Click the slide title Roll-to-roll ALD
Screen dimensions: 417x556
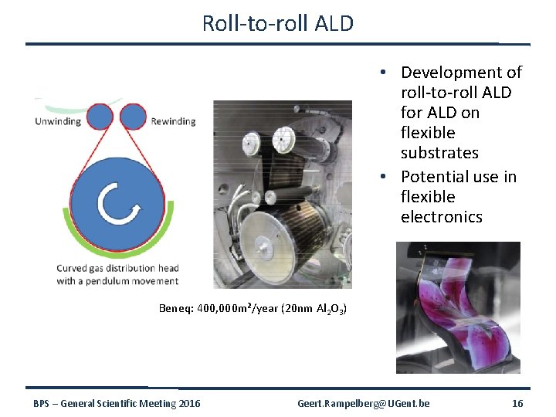coord(277,23)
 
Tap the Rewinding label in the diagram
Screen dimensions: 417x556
coord(173,121)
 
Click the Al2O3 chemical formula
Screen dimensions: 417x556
coord(331,310)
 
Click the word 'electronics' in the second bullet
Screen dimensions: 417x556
coord(441,217)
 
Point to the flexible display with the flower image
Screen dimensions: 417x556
coord(458,307)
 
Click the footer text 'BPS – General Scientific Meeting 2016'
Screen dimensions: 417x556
coord(117,404)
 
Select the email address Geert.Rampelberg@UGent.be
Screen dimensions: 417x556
coord(364,404)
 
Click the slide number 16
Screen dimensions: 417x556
coord(517,404)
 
